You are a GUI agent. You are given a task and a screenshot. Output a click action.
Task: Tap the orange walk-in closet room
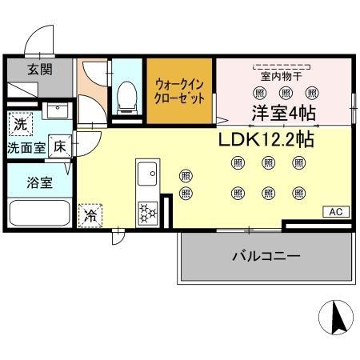coord(180,90)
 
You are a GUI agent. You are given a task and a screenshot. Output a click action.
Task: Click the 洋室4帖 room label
coord(284,112)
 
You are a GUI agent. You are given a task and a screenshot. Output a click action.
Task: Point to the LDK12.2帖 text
coord(266,139)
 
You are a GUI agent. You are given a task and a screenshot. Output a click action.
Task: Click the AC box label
coord(335,212)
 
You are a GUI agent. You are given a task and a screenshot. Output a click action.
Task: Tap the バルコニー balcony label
coord(266,257)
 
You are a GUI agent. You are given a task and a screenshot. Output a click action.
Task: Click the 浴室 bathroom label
coord(41,182)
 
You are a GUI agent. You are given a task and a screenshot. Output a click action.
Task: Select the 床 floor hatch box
coord(60,146)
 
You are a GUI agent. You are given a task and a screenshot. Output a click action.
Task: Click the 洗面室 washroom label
coord(26,148)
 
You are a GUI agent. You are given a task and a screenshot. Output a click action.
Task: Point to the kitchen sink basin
coord(146,174)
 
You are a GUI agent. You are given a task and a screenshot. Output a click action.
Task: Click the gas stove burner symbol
coord(147,210)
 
